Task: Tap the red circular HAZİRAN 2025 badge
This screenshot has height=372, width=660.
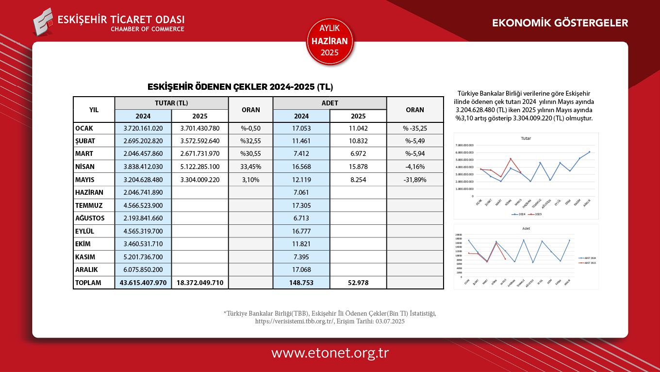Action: coord(330,41)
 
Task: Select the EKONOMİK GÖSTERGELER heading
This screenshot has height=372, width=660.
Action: coord(560,23)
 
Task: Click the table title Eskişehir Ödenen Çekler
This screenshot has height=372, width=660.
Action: coord(240,87)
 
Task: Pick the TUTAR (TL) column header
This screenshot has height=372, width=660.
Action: coord(171,103)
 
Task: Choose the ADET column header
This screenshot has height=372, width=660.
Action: coord(330,103)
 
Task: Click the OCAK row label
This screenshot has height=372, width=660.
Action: coord(84,129)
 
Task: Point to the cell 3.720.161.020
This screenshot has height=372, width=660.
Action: coord(143,129)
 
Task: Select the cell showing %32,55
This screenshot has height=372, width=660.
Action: coord(251,141)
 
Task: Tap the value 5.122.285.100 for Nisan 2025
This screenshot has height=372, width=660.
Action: coord(200,167)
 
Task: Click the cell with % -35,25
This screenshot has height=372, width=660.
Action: coord(415,129)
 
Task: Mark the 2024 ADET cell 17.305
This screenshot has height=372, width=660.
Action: coord(301,205)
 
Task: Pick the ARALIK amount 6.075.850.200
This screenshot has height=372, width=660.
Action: coord(143,270)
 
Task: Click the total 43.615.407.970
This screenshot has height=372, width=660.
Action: coord(143,283)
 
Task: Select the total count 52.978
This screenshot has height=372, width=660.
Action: coord(358,283)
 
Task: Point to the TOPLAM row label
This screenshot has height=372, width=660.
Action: coord(88,283)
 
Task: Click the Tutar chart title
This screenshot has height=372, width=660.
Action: coord(526,138)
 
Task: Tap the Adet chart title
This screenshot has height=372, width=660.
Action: coord(526,228)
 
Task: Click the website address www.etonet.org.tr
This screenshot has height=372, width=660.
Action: coord(330,353)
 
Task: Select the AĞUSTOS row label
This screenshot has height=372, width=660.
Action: coord(90,218)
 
